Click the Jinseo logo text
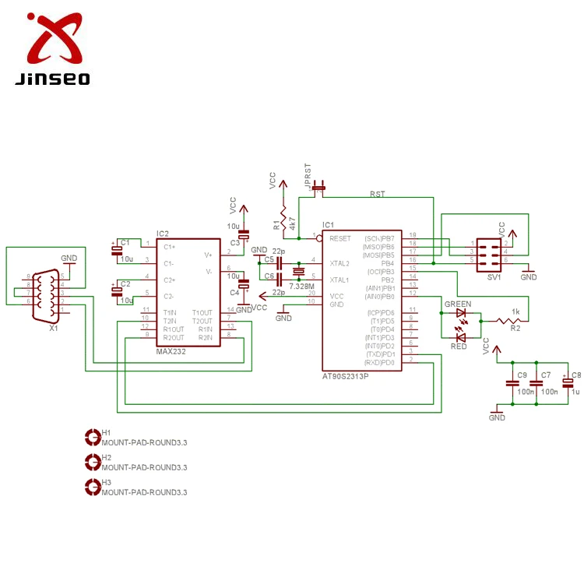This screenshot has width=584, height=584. (52, 79)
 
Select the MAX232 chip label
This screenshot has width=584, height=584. (172, 351)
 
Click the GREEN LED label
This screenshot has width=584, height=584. (457, 304)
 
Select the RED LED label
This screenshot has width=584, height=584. (458, 346)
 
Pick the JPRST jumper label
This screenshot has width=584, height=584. (308, 176)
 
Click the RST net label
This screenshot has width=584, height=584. (377, 195)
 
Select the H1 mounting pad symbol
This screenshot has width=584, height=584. (92, 437)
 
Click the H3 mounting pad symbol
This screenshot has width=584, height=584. (92, 487)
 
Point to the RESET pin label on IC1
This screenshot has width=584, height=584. (340, 238)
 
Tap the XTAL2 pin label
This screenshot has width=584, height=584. (339, 263)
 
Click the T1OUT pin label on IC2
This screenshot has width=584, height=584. (202, 313)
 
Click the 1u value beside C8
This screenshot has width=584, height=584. (575, 392)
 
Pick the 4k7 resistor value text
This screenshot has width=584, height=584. (292, 223)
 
